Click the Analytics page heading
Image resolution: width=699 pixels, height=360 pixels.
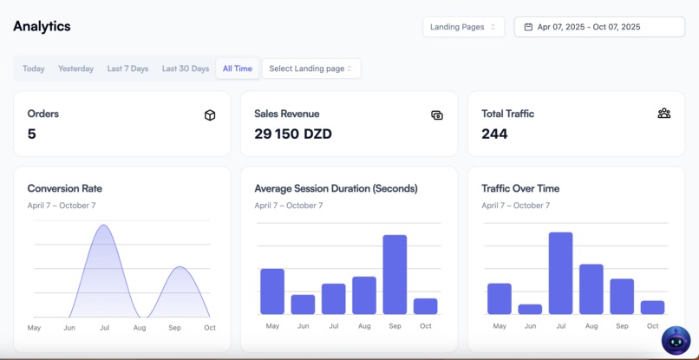tap(42, 27)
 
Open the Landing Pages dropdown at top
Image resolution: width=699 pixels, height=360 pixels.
tap(463, 27)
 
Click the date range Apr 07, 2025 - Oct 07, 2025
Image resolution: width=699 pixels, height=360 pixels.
tap(599, 27)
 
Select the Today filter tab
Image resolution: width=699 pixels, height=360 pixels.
tap(34, 69)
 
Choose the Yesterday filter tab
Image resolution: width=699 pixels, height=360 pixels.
tap(75, 69)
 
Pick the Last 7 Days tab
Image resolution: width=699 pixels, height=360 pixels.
tap(127, 69)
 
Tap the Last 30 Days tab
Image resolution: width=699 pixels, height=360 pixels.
tap(186, 69)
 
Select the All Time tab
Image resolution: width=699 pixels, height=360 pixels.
tap(238, 69)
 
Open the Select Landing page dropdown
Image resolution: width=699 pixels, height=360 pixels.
tap(310, 69)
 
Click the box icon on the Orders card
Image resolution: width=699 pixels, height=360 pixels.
tap(210, 115)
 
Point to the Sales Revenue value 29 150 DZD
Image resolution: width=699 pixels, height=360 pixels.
tap(293, 134)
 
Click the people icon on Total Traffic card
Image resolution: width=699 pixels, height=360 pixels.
tap(663, 114)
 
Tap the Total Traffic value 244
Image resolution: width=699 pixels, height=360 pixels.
tap(494, 134)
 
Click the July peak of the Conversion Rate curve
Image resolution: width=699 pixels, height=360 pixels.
tap(104, 226)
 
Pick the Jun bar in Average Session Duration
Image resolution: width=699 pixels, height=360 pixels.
tap(303, 304)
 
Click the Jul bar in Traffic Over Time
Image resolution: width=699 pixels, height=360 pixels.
tap(560, 273)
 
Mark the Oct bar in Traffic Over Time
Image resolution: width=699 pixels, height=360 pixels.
tap(652, 307)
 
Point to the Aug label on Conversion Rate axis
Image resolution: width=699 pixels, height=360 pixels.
tap(140, 328)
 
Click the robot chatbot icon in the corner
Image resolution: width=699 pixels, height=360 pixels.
tap(676, 340)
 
